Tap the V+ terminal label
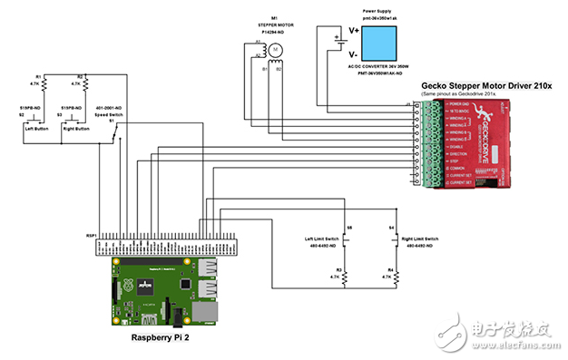point(354,31)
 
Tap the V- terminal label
point(354,54)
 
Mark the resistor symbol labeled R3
point(345,278)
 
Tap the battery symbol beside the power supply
point(338,38)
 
